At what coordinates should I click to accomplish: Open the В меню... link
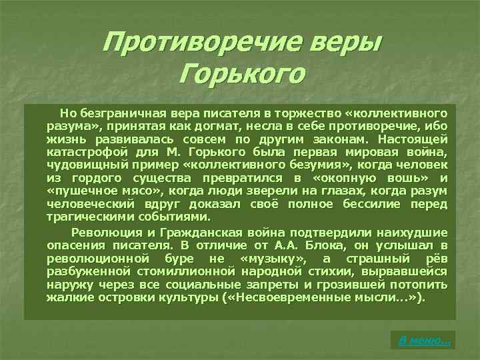coord(423,340)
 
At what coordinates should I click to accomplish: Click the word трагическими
coord(87,217)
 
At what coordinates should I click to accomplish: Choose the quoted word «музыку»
coord(273,258)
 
